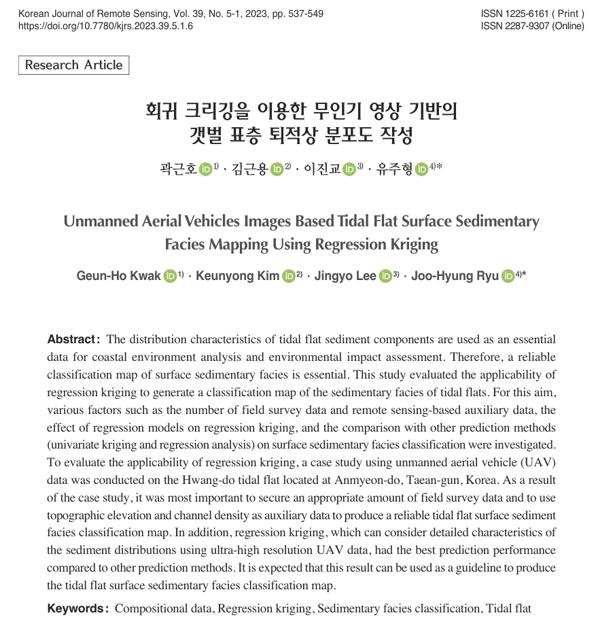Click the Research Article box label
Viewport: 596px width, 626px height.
73,65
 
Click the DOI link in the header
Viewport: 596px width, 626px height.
105,26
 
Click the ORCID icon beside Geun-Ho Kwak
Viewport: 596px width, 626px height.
170,276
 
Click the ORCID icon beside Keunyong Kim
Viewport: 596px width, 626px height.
289,276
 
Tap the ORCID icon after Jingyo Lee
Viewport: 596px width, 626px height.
386,276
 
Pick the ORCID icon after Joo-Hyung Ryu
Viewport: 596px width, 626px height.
508,276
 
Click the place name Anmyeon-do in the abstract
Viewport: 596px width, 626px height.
372,478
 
